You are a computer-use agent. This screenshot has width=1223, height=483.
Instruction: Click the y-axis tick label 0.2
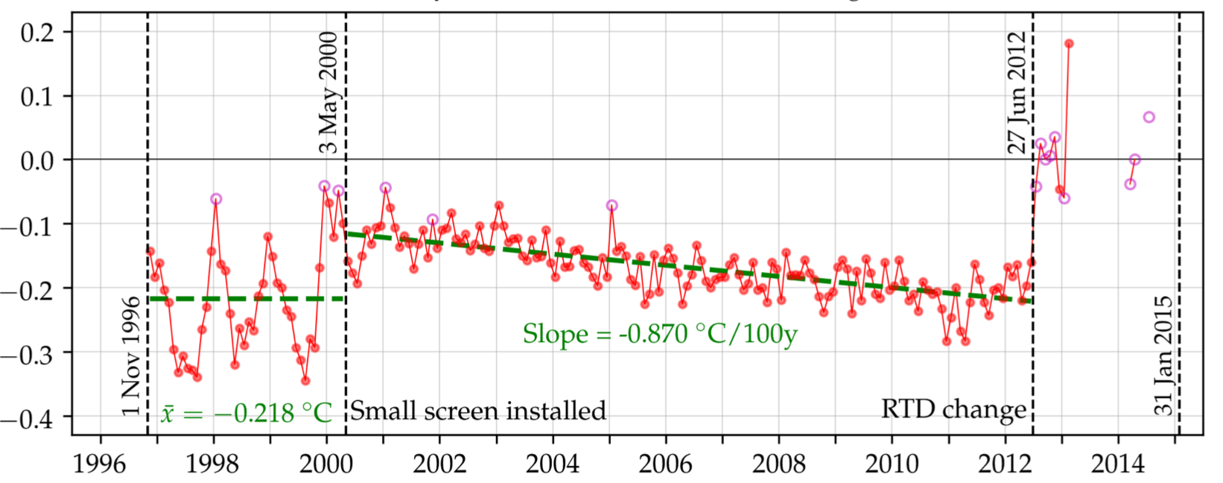point(36,32)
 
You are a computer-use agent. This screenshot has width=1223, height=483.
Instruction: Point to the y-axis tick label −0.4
point(28,417)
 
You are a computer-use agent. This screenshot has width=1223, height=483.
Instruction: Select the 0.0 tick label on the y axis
point(36,160)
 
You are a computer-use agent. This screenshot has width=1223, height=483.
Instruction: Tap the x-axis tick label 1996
point(100,464)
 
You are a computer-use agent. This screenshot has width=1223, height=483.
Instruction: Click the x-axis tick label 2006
point(665,464)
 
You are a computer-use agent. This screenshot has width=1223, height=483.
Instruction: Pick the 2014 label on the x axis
point(1117,464)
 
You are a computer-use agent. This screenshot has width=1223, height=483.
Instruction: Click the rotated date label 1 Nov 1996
point(132,356)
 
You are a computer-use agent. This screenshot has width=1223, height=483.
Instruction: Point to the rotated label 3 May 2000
point(328,92)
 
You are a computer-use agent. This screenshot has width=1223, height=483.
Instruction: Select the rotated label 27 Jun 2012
point(1017,92)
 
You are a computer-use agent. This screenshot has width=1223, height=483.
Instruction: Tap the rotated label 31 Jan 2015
point(1163,356)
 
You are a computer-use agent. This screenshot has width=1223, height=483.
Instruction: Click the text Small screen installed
point(478,411)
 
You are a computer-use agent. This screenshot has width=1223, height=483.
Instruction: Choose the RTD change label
point(953,409)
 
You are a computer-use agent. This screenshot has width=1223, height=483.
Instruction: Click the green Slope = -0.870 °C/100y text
point(659,333)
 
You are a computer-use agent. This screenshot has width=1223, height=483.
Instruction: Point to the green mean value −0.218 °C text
point(246,412)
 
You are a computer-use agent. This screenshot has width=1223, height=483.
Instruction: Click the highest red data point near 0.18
point(1069,44)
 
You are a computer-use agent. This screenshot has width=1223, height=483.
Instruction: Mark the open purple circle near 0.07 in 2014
point(1149,117)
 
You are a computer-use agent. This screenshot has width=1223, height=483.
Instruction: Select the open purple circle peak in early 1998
point(216,199)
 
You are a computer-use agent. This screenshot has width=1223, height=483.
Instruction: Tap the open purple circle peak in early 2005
point(611,205)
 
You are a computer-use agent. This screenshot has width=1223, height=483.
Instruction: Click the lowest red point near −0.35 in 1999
point(305,381)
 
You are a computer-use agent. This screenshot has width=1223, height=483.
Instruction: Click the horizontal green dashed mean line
point(246,299)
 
